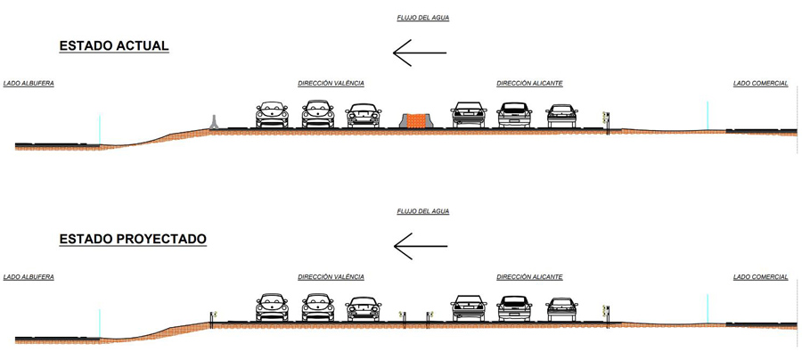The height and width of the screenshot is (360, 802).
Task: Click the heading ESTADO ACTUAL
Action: tap(114, 46)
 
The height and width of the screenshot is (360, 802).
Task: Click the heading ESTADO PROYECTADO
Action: tap(133, 239)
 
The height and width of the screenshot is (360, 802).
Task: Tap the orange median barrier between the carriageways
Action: tap(416, 119)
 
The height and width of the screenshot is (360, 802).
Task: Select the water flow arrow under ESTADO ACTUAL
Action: tap(420, 53)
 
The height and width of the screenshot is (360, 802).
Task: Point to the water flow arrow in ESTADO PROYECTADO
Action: tap(420, 246)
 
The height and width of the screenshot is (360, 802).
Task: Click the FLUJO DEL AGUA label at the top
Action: tap(423, 18)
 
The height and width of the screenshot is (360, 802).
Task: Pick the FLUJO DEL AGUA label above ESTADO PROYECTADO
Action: tap(423, 211)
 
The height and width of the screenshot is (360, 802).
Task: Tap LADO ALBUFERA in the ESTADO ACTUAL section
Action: tap(29, 84)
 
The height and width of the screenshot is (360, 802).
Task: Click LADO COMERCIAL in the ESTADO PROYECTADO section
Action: tap(761, 276)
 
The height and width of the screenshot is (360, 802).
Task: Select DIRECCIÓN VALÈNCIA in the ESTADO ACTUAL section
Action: tap(331, 84)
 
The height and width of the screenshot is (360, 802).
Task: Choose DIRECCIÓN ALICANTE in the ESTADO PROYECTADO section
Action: tap(529, 276)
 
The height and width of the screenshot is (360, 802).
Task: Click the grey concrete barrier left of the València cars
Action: tap(214, 122)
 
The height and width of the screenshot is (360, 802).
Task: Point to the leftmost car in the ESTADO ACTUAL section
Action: tap(272, 115)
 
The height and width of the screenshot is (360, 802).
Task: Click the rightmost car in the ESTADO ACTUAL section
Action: tap(561, 116)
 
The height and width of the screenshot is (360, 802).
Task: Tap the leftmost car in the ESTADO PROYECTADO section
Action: tap(272, 307)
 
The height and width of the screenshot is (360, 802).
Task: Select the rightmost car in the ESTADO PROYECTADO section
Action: tap(561, 309)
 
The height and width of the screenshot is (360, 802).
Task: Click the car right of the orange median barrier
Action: tap(469, 115)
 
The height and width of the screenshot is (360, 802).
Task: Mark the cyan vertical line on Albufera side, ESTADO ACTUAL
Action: tap(100, 130)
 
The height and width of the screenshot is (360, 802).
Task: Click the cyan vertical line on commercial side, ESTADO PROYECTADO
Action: tap(708, 308)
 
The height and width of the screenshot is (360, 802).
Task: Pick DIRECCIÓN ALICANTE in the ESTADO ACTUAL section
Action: tap(529, 84)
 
